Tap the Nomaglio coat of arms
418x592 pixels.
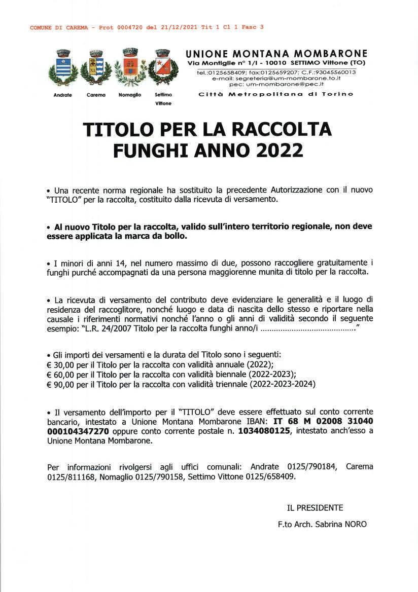pos(130,68)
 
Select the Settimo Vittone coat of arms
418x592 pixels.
pos(163,68)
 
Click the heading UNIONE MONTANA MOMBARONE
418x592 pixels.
pos(276,54)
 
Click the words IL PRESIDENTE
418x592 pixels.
pos(315,508)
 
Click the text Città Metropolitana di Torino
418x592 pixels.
pos(276,94)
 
